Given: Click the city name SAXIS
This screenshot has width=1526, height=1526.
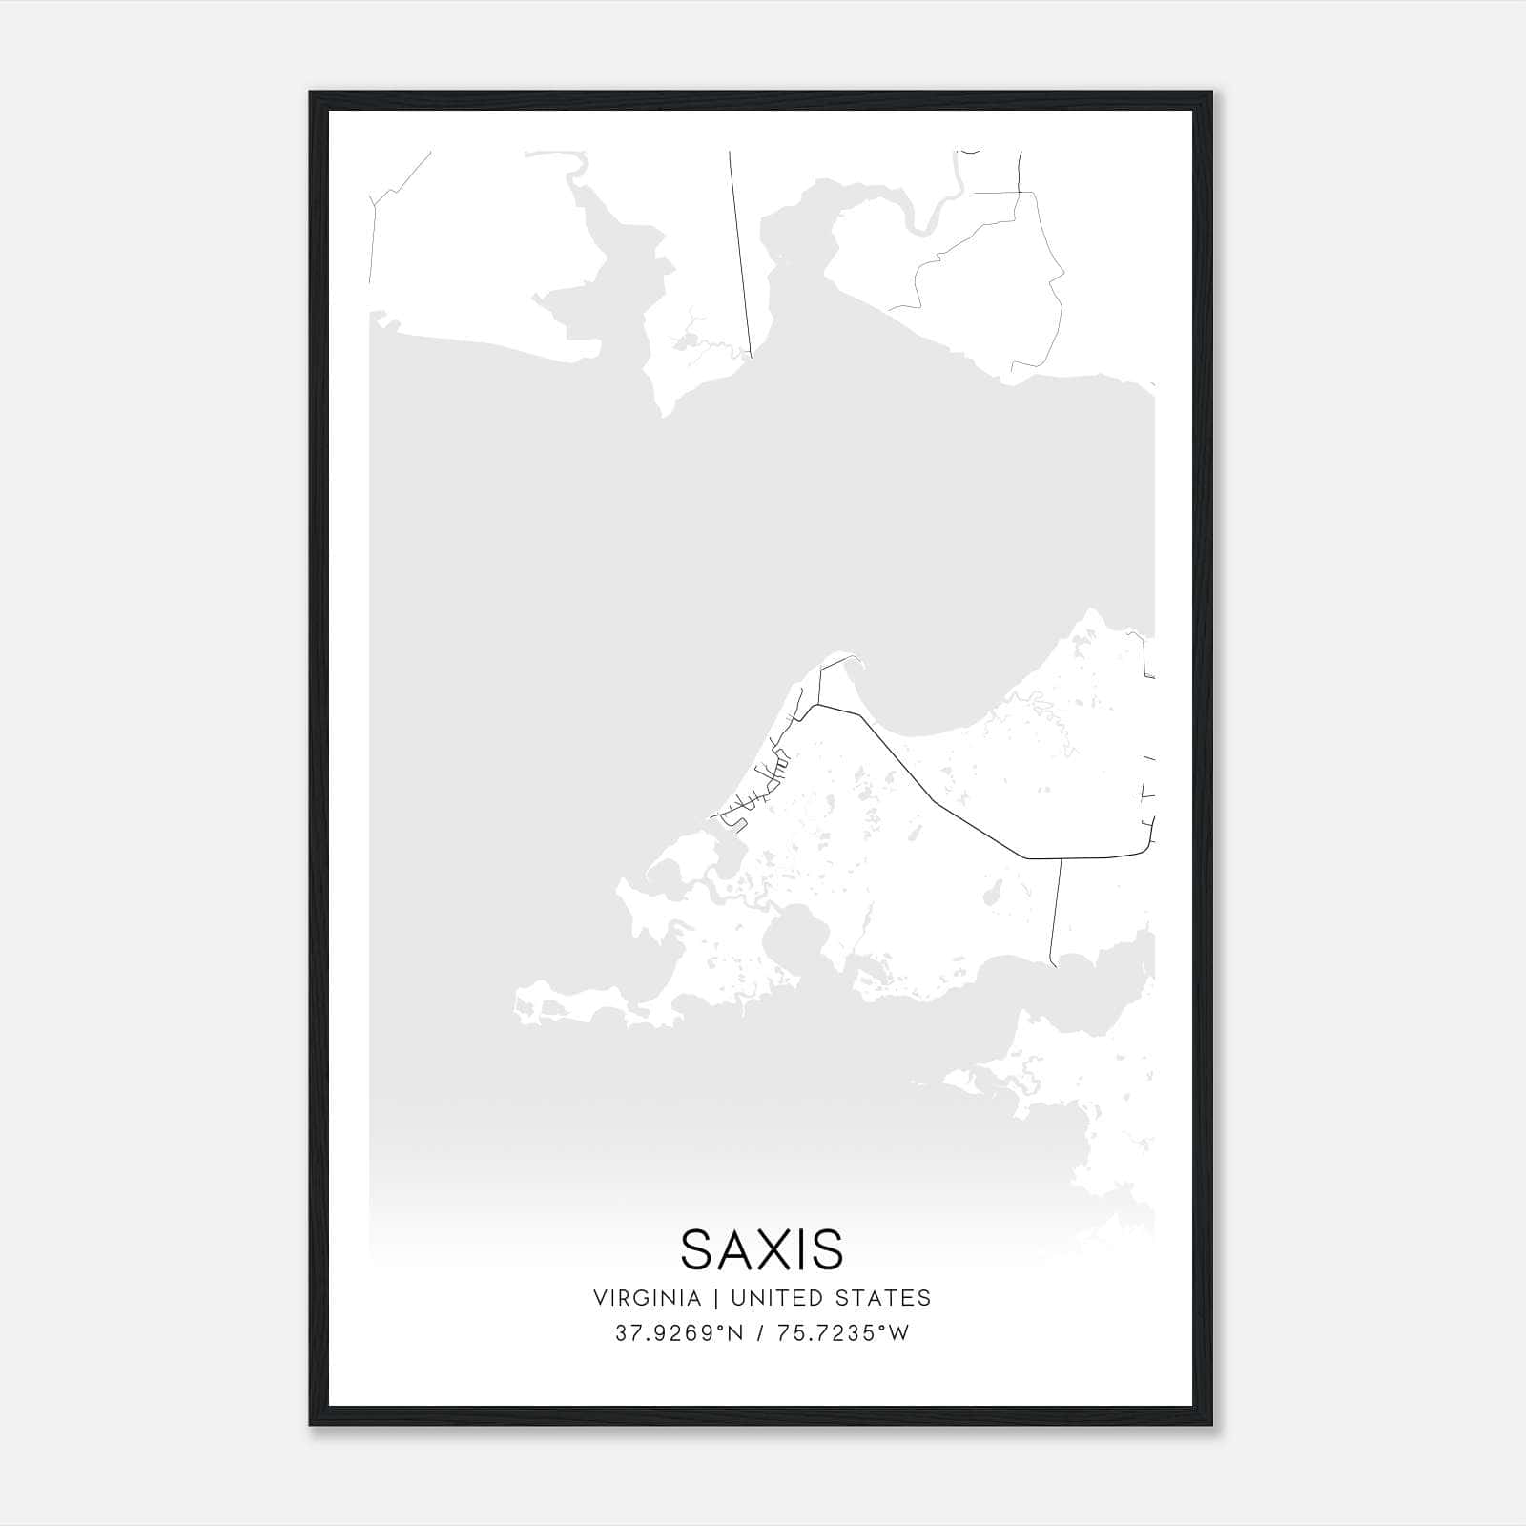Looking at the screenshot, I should [762, 1249].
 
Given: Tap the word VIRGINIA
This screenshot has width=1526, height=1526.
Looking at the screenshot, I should [647, 1298].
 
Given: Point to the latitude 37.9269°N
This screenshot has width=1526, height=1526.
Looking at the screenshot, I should [678, 1333].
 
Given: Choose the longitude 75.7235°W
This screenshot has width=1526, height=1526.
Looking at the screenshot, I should [842, 1333].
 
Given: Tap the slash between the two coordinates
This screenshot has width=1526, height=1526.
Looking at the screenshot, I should [760, 1333].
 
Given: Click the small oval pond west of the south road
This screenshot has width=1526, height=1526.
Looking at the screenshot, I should [992, 896].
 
